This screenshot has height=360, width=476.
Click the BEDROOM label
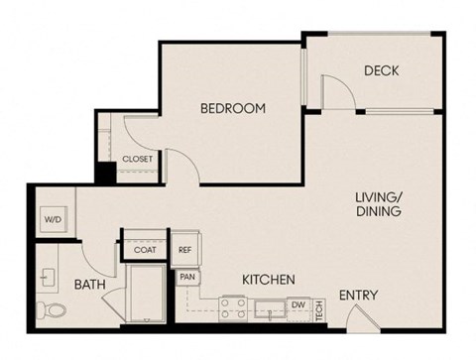pos(232,108)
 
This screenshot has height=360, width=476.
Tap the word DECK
pos(381,70)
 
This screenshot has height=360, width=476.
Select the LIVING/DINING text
pos(378,204)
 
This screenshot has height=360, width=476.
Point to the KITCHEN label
pos(267,282)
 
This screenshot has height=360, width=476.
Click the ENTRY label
pos(358,295)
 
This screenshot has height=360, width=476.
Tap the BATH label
pos(90,285)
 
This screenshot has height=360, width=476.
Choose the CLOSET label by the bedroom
pos(137,159)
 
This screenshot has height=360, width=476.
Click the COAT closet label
pos(146,250)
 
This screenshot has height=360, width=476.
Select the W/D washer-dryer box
pos(52,220)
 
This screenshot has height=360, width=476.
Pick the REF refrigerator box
pos(185,250)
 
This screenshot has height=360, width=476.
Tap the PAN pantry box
pos(186,277)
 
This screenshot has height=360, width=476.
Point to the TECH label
pos(319,308)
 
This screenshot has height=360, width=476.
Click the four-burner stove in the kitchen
pos(233,307)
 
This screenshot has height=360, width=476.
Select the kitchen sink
pos(269,308)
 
